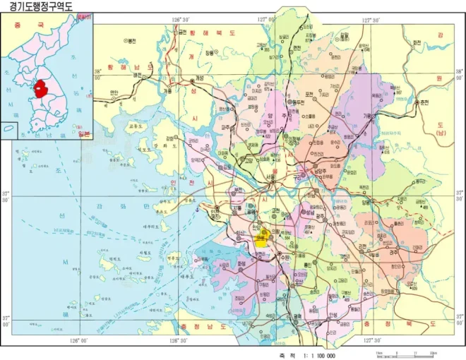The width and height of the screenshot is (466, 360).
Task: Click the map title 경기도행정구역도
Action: pos(42,6)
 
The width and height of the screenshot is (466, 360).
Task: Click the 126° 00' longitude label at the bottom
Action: pos(78,340)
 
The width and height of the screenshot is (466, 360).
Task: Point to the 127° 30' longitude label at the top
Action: pos(372,20)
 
